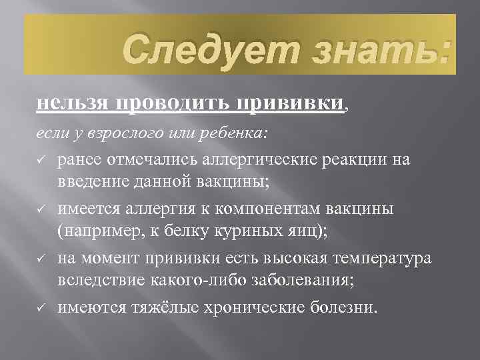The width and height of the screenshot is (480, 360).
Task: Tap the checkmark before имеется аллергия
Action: click(x=41, y=209)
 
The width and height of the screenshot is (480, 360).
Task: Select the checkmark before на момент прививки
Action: click(x=41, y=258)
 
